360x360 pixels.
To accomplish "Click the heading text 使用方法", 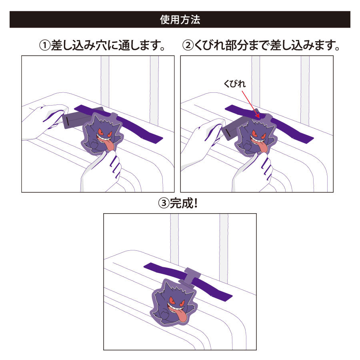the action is [x=180, y=20].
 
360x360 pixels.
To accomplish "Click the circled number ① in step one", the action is [x=45, y=45].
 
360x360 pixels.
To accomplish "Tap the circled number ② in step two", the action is [x=188, y=45].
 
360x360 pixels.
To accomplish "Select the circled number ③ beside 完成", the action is [x=164, y=203].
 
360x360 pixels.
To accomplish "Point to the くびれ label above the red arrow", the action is [x=235, y=84].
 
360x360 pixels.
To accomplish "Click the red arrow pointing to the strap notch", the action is [x=251, y=104].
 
